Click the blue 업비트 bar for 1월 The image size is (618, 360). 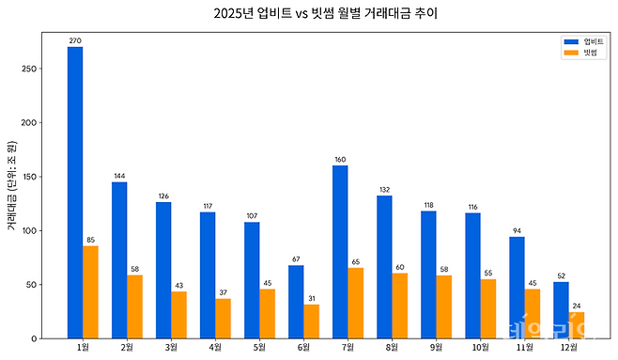point(75,192)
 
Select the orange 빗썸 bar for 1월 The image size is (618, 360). point(90,291)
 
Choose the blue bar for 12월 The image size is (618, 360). point(561,309)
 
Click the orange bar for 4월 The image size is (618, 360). point(223,318)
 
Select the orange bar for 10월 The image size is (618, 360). point(487,308)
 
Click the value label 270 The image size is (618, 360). point(75,40)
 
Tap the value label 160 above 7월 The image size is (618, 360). point(340,159)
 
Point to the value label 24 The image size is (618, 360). point(576,305)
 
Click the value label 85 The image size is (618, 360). point(90,240)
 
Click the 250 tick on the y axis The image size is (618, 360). point(31,69)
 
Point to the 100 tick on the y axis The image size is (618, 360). point(31,230)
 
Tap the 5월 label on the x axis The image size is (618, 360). point(259,348)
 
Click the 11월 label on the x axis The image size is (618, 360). point(524,348)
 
